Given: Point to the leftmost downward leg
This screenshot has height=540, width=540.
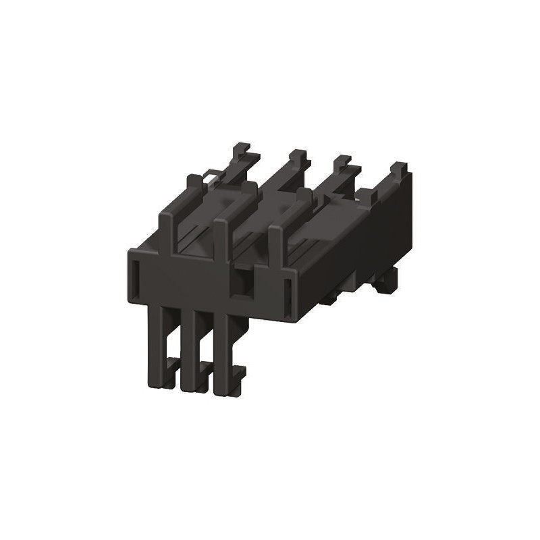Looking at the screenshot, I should tap(156, 344).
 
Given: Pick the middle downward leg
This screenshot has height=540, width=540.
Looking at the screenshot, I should tap(187, 348).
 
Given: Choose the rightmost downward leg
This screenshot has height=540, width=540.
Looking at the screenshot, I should tap(219, 351).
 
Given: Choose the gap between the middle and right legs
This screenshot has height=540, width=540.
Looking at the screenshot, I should tap(203, 337).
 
